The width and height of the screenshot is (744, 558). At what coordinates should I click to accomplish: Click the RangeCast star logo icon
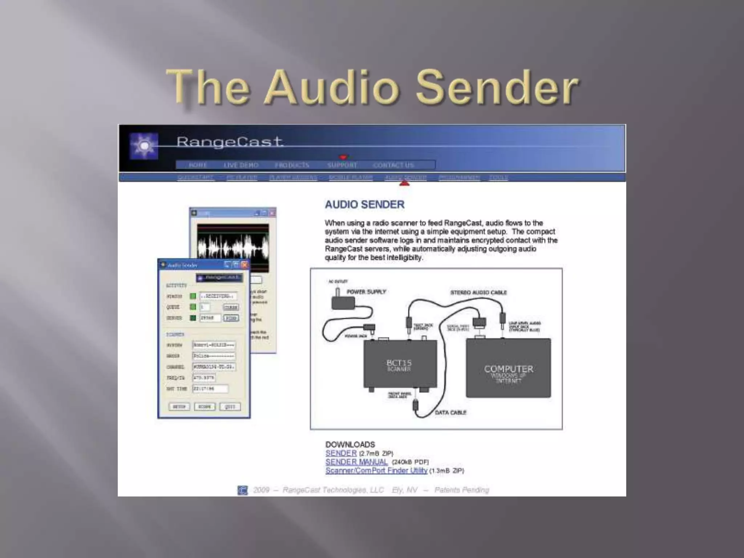point(144,146)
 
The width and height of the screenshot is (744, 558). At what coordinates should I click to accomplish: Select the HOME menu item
point(198,165)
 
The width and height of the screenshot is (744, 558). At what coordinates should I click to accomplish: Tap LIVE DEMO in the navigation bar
point(241,165)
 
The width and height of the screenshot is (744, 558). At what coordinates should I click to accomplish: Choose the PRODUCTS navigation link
point(292,165)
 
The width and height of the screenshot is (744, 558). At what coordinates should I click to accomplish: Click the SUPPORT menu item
point(342,165)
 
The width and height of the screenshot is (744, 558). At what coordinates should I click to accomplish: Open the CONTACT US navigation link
point(393,165)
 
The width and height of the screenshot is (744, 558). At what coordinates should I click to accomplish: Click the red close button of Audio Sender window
point(244,265)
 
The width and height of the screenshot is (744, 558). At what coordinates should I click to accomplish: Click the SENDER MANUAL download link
point(356,462)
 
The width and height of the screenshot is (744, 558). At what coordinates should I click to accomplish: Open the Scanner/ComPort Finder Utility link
point(376,471)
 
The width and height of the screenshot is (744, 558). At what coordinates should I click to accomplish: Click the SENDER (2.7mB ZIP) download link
point(341,453)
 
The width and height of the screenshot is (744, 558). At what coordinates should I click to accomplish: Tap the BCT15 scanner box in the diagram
point(400,364)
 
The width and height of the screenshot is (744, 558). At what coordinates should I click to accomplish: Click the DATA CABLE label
point(450,413)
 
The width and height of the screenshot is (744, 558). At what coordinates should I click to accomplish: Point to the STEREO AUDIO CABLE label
point(478,292)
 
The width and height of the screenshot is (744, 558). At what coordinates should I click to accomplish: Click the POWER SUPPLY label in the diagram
point(366,292)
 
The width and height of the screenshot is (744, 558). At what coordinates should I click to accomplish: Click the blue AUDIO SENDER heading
point(364,205)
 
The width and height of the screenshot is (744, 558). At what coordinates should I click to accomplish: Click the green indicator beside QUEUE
point(193,307)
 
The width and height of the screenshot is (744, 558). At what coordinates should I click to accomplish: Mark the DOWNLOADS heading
point(350,445)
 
